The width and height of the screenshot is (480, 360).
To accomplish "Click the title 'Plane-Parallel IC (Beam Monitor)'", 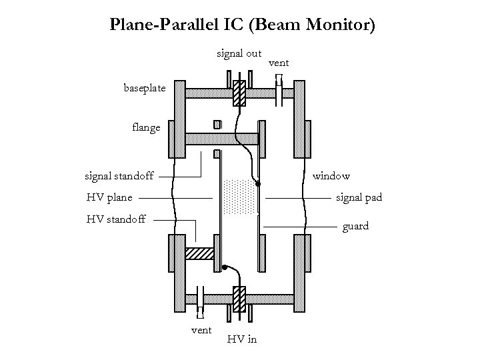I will [243, 26].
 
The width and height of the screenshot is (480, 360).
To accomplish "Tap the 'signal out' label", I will [239, 53].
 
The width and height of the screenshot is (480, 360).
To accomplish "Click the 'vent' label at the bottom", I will [201, 329].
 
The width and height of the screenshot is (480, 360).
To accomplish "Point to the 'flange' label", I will [146, 127].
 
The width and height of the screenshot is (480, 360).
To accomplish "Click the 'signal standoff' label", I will [119, 176].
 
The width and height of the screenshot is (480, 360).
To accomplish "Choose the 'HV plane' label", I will [109, 197].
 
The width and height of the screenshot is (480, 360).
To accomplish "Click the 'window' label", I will [331, 176].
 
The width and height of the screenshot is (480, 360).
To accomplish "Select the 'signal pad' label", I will [359, 197].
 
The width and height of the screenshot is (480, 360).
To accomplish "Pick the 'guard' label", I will [355, 227].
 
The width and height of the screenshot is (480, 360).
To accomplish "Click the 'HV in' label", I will [241, 339].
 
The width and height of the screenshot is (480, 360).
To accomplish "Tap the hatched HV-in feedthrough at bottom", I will [239, 297].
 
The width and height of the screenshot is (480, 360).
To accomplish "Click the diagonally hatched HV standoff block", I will [198, 254].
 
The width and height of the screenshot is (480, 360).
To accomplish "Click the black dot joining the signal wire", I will [259, 184].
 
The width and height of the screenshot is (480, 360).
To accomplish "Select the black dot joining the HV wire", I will [225, 267].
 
